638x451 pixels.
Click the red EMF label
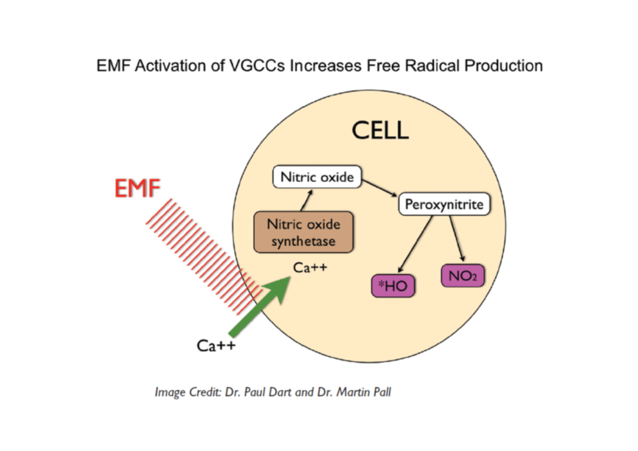click(137, 188)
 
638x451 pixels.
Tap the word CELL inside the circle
click(380, 131)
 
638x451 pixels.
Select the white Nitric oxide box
click(317, 177)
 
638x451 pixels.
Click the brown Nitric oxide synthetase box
click(303, 232)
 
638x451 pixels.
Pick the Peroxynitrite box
click(444, 204)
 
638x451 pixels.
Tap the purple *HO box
click(393, 286)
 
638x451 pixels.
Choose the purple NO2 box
click(463, 276)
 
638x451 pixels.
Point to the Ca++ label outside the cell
click(216, 346)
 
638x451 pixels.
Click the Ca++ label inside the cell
click(310, 268)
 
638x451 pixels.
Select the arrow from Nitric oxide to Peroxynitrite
click(379, 188)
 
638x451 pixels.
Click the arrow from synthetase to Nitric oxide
click(307, 200)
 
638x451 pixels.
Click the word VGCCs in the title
click(257, 66)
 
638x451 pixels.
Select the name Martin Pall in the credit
click(364, 392)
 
